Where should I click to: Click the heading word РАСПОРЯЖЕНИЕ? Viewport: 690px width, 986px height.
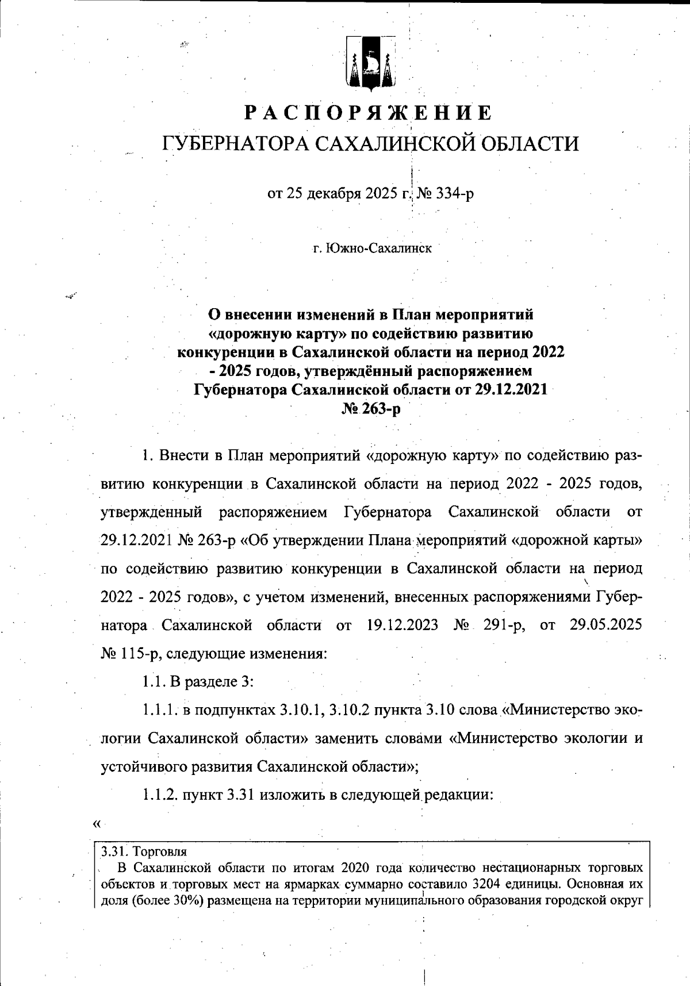pos(368,113)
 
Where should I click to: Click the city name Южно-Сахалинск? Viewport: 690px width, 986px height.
pos(378,249)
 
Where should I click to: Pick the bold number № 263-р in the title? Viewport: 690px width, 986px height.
pos(371,409)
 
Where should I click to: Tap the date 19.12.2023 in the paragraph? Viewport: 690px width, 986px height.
pos(402,625)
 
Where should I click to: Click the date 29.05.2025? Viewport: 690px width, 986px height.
pos(605,625)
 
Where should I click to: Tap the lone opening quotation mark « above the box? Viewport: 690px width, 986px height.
pos(97,824)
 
